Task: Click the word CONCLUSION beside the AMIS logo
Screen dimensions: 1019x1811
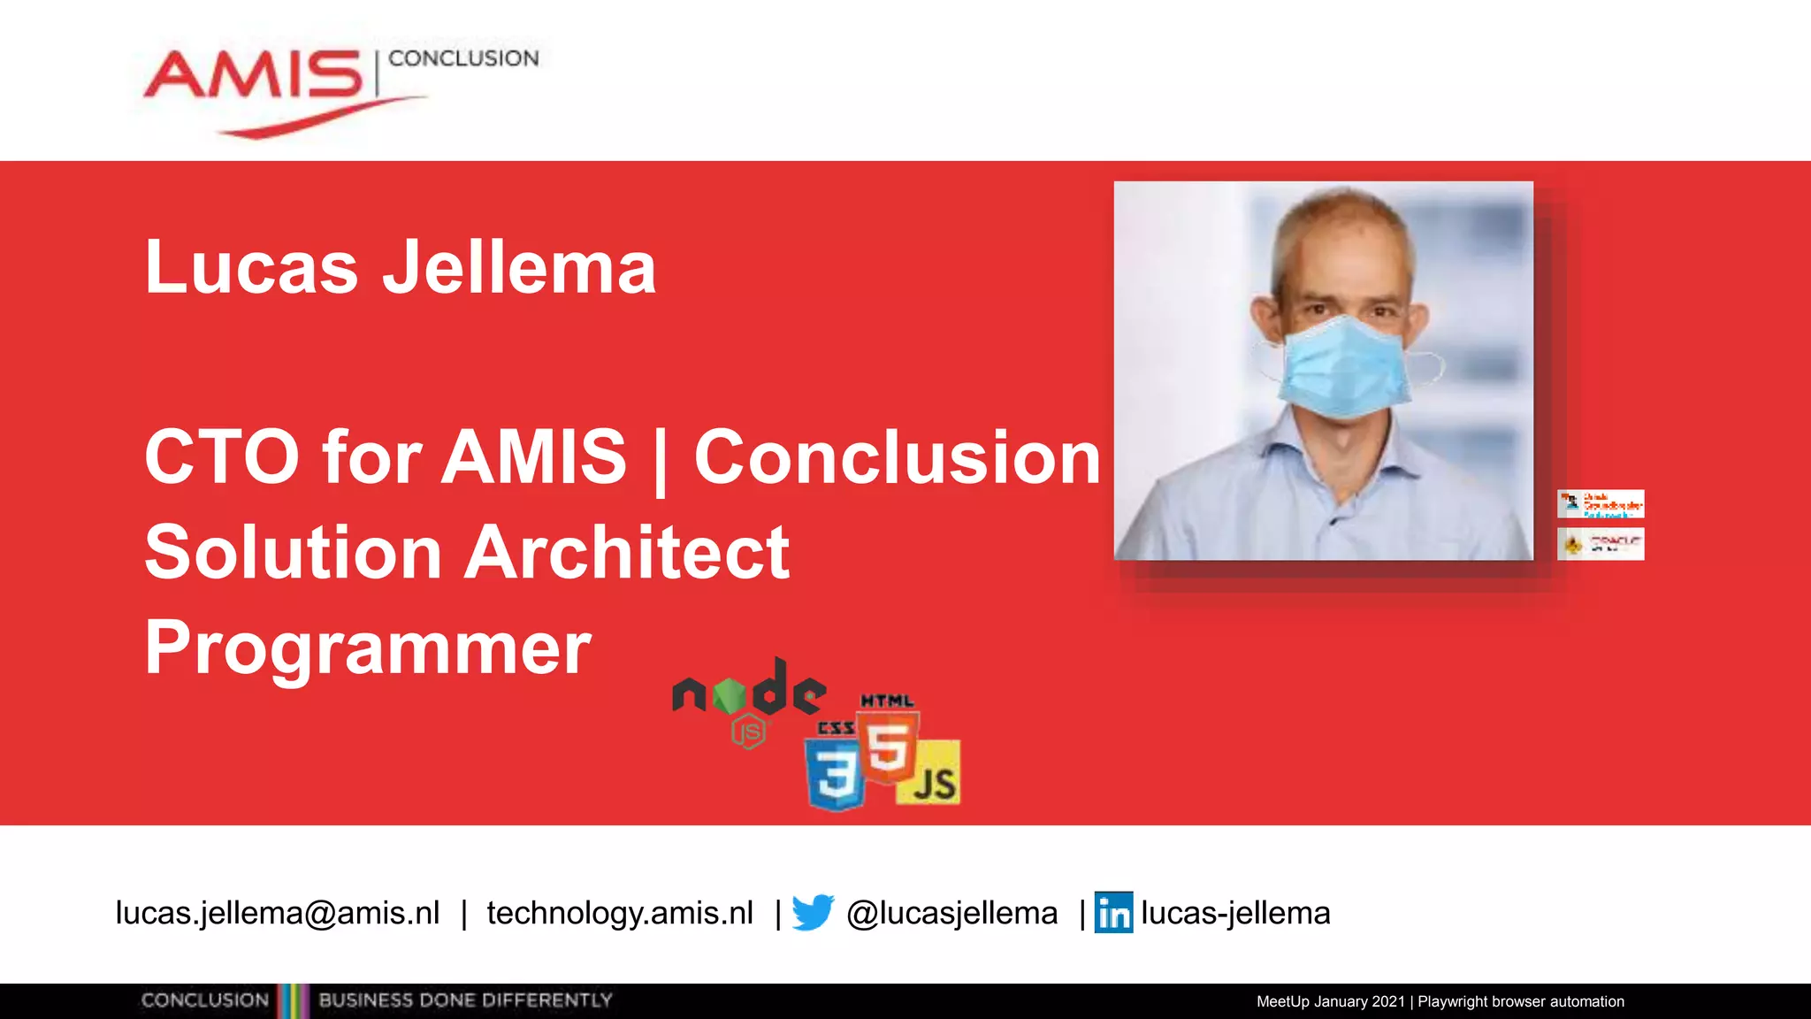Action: tap(463, 58)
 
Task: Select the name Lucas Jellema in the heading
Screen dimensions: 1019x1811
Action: tap(400, 267)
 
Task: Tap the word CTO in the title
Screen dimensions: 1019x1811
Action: tap(222, 456)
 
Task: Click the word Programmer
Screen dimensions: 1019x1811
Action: tap(368, 647)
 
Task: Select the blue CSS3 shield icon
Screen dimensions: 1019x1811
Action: tap(835, 771)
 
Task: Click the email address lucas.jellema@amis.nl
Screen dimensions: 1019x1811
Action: tap(278, 913)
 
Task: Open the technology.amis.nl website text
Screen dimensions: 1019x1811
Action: tap(620, 913)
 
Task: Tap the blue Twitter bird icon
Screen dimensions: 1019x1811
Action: tap(813, 913)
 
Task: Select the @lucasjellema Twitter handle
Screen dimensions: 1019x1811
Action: tap(951, 913)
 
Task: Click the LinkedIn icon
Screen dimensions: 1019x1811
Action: tap(1113, 913)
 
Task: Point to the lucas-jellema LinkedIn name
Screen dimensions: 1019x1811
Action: tap(1235, 913)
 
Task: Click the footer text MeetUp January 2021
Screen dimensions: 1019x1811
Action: tap(1331, 1001)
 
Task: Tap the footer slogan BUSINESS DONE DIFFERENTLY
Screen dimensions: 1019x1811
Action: tap(465, 1000)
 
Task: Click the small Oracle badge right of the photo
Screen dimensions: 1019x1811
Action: tap(1601, 544)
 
